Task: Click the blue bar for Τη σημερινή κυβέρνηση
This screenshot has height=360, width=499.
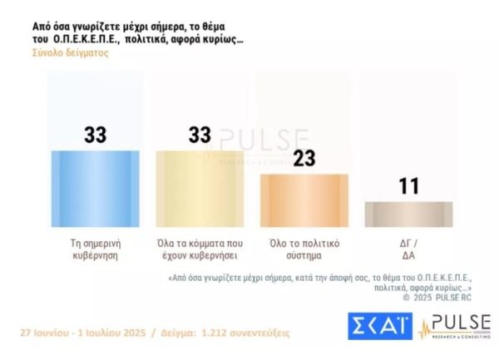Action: pyautogui.click(x=96, y=189)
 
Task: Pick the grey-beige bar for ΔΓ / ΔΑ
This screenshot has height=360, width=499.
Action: pyautogui.click(x=408, y=214)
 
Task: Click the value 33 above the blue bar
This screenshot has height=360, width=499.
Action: pyautogui.click(x=96, y=136)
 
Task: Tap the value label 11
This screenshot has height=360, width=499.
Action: pyautogui.click(x=408, y=186)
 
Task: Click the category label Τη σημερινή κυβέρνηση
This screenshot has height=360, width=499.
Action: pyautogui.click(x=96, y=249)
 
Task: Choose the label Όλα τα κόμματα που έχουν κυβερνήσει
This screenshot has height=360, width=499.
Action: pyautogui.click(x=199, y=249)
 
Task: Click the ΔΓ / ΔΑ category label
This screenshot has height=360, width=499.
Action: pyautogui.click(x=408, y=249)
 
